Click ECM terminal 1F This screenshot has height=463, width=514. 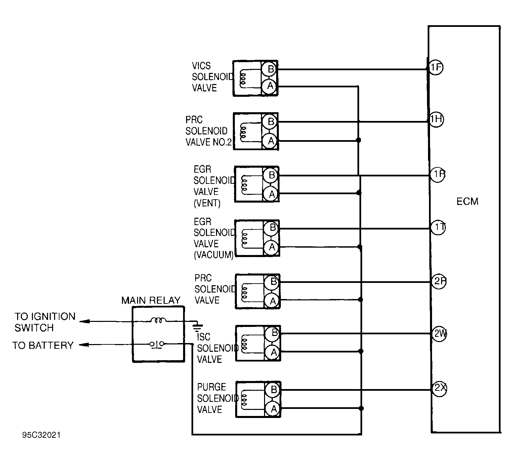click(x=436, y=68)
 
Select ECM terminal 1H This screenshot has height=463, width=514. click(x=436, y=119)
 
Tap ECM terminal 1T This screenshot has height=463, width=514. click(x=438, y=228)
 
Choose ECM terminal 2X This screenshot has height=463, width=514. click(x=439, y=388)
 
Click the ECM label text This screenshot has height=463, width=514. click(x=467, y=202)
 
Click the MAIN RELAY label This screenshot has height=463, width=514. click(x=151, y=300)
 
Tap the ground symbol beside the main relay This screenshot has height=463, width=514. click(x=198, y=326)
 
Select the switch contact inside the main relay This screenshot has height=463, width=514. click(x=157, y=344)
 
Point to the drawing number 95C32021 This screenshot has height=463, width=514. click(x=41, y=435)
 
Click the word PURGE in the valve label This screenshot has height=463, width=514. click(x=211, y=387)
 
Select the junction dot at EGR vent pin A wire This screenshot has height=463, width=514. click(x=359, y=193)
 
